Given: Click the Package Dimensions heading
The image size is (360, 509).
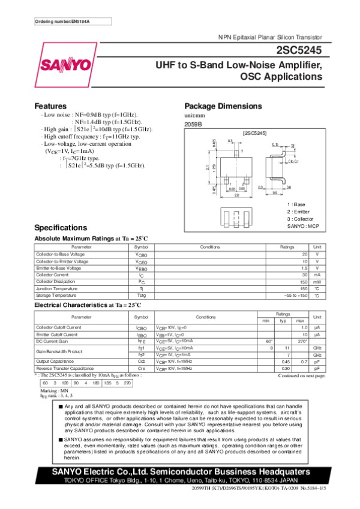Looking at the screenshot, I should click(x=224, y=105).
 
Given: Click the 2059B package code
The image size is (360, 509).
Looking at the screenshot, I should click(x=193, y=124).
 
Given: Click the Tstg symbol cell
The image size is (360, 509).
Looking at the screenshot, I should click(x=141, y=296).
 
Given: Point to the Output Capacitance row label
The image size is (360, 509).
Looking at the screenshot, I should click(x=58, y=362).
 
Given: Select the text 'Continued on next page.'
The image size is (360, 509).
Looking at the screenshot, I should click(x=301, y=376).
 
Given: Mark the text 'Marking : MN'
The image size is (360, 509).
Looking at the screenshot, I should click(x=52, y=390).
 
